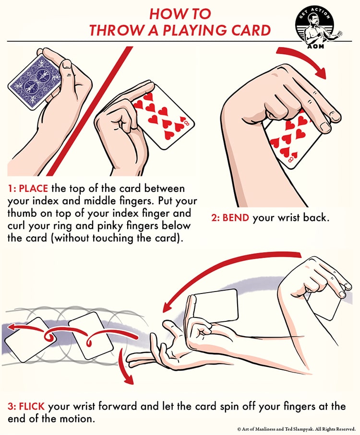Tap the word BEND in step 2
235,217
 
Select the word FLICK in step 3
32,406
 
